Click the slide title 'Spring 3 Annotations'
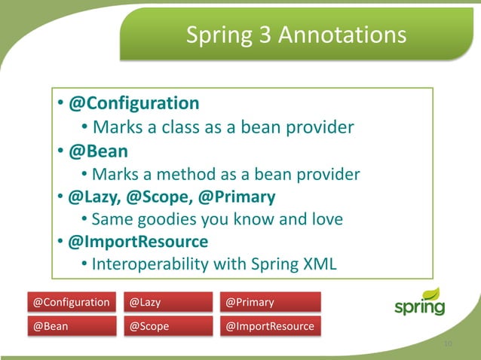pyautogui.click(x=296, y=35)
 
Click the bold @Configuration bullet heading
pyautogui.click(x=134, y=103)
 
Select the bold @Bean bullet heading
pyautogui.click(x=98, y=150)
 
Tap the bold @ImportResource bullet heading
pyautogui.click(x=138, y=243)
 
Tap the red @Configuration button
pyautogui.click(x=71, y=303)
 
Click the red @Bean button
pyautogui.click(x=71, y=327)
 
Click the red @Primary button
pyautogui.click(x=269, y=303)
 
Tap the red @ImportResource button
pyautogui.click(x=269, y=327)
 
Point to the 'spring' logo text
pyautogui.click(x=418, y=309)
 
